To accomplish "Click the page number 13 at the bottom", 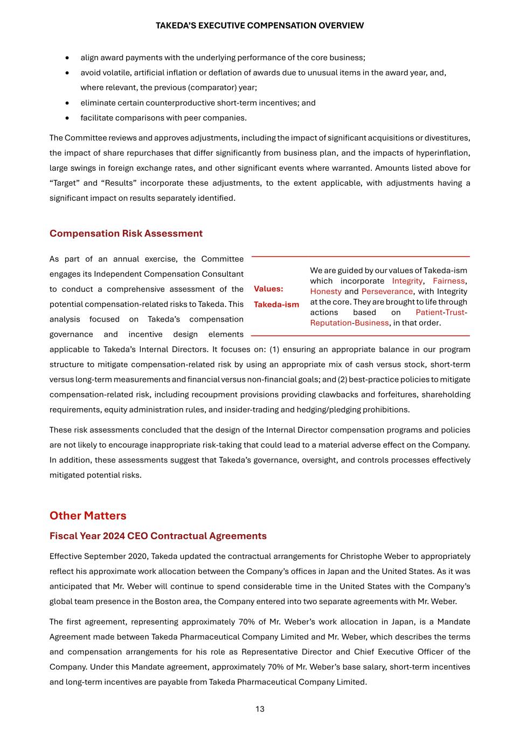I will pyautogui.click(x=260, y=709).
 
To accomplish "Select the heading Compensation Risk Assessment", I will pyautogui.click(x=126, y=233).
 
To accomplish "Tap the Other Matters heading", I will pyautogui.click(x=88, y=515).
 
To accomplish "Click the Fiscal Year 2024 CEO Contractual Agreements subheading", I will pyautogui.click(x=158, y=536).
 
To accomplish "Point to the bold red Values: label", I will pyautogui.click(x=268, y=289).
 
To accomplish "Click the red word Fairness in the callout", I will pyautogui.click(x=448, y=281).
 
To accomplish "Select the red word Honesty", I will pyautogui.click(x=325, y=291).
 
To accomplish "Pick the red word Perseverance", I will pyautogui.click(x=387, y=291).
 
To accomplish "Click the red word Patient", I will pyautogui.click(x=428, y=312).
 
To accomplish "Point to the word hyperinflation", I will pyautogui.click(x=442, y=153).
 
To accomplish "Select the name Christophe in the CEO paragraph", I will pyautogui.click(x=362, y=556).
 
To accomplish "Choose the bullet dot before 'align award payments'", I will pyautogui.click(x=67, y=58).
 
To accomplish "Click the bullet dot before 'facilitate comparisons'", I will pyautogui.click(x=67, y=118).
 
